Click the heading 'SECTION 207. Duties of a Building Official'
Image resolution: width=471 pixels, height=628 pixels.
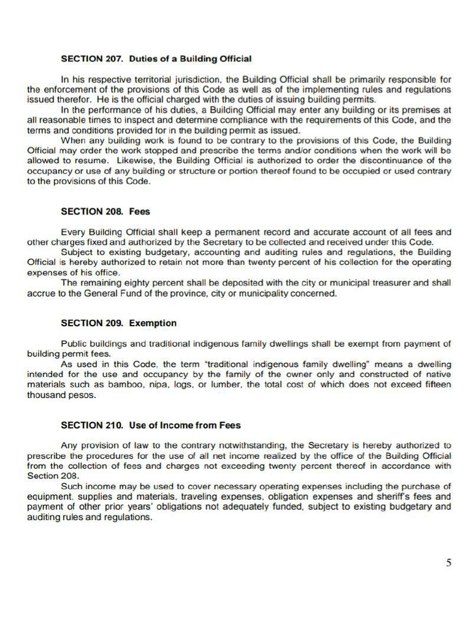click(x=156, y=59)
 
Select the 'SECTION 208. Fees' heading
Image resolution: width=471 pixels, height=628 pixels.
click(x=105, y=212)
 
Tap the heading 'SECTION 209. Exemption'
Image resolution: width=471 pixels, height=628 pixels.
click(x=118, y=323)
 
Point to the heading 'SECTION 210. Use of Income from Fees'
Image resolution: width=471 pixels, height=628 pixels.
click(x=151, y=425)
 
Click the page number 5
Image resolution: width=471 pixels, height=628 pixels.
click(x=449, y=563)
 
